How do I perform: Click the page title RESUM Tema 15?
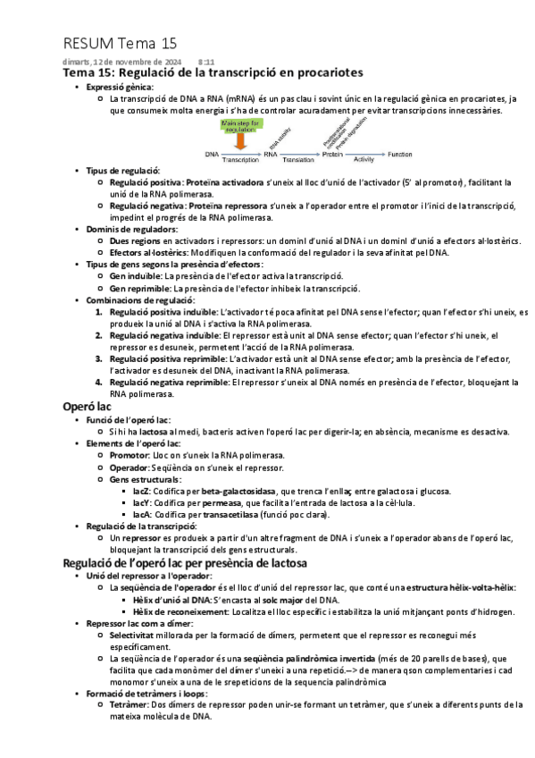coord(121,44)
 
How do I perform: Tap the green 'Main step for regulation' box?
coord(241,125)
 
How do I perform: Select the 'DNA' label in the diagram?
coord(212,154)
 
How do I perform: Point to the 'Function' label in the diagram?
coord(399,154)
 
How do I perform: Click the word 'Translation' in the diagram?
coord(297,161)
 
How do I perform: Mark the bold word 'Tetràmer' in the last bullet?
coord(129,704)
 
